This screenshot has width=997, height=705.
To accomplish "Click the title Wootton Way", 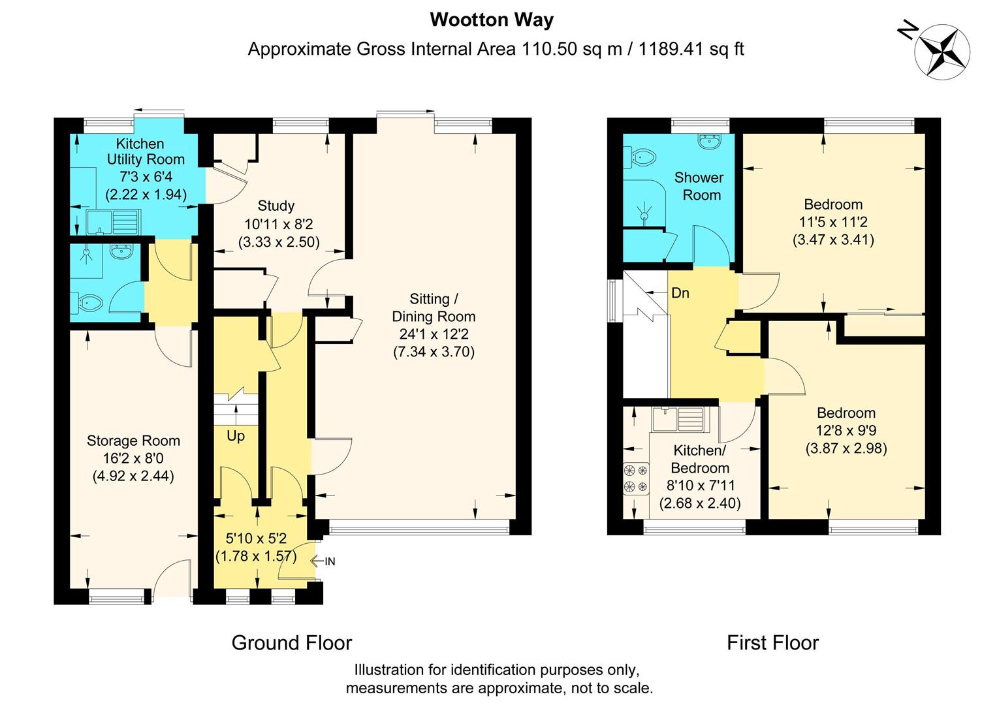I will tap(491, 20).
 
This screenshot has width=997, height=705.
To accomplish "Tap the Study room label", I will tap(276, 206).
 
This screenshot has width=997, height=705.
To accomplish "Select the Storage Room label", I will tap(133, 441).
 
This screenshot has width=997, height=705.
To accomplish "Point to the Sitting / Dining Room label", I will tap(434, 308).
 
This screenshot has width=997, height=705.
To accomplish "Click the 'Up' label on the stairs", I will tap(236, 435).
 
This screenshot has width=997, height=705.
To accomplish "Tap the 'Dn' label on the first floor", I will tap(680, 293).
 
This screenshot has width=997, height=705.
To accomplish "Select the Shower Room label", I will tap(698, 186).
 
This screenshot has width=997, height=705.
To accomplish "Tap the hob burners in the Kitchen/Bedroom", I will tap(636, 477).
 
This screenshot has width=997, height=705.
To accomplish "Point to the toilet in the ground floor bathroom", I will tap(88, 302).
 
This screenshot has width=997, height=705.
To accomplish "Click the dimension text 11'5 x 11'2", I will tap(833, 222).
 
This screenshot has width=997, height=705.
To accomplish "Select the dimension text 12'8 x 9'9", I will tap(846, 431).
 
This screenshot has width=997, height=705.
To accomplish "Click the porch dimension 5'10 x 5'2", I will tap(255, 539).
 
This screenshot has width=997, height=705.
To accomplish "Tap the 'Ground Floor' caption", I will tap(291, 643).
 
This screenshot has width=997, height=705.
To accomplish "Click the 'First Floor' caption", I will tap(772, 643).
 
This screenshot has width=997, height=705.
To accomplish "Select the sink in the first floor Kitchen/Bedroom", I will tap(676, 419).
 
